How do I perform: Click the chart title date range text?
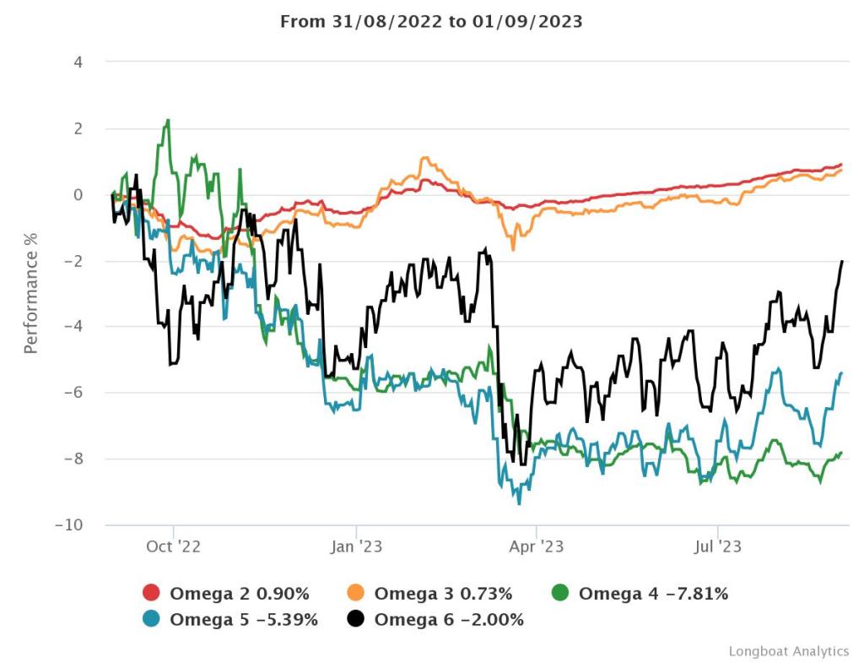(x=431, y=22)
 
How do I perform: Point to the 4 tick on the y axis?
(x=77, y=62)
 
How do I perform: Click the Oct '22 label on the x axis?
(x=173, y=547)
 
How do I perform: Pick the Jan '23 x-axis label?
(x=357, y=547)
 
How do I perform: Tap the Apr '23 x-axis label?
(x=537, y=547)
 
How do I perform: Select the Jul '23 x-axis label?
(x=717, y=547)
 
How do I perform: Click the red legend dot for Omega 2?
(x=152, y=594)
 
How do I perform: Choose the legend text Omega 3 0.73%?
(x=443, y=594)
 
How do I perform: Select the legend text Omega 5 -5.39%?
(x=244, y=620)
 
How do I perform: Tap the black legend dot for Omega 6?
(x=356, y=620)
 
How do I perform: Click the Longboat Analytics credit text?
(x=788, y=651)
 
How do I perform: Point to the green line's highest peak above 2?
(x=169, y=120)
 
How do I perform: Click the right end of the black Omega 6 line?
(x=842, y=261)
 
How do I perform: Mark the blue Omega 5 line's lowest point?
(x=519, y=503)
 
